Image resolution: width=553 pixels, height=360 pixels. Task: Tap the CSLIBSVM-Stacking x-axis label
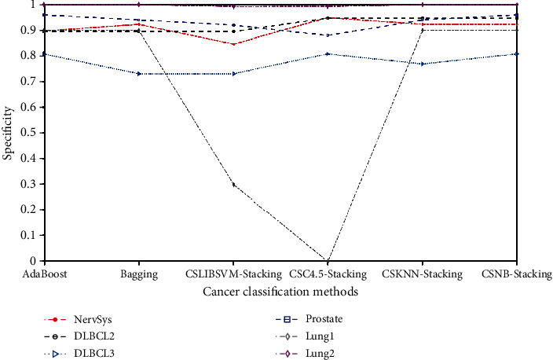pos(233,274)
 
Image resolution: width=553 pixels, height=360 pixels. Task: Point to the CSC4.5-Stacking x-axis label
pos(328,274)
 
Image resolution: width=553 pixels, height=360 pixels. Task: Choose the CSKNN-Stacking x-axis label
pos(422,274)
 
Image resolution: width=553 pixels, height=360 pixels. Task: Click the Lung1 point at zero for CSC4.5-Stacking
pos(328,260)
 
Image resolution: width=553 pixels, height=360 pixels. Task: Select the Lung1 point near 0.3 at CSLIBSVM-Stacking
pos(233,185)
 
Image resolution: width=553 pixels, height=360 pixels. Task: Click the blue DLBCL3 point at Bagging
pos(139,74)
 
